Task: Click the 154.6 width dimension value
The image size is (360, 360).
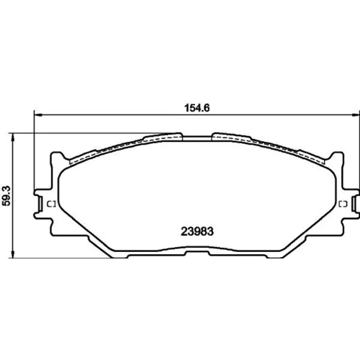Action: pos(197,108)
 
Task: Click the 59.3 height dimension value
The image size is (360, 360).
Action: pos(6,196)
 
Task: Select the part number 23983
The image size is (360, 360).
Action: pos(197,231)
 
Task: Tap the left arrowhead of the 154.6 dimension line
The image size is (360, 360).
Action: pos(38,115)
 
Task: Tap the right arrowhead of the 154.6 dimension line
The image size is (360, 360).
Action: pos(356,115)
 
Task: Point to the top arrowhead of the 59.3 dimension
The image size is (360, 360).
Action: pos(13,137)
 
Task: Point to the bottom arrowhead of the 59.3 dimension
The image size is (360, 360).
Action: pos(13,254)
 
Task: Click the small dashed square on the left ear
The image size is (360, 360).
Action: pos(51,204)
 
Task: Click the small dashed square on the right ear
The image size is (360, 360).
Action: pos(343,204)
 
